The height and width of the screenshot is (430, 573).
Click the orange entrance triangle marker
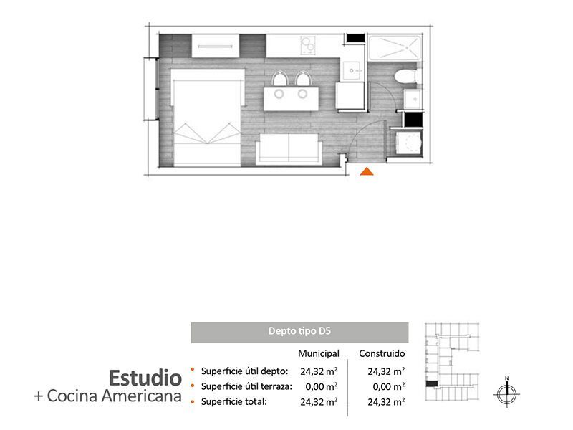[x=367, y=171]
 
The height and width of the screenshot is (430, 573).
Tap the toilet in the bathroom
[x=405, y=77]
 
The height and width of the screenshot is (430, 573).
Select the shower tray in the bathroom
[x=395, y=47]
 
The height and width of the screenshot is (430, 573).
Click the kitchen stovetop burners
[x=307, y=45]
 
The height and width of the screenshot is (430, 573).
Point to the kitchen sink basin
[x=352, y=70]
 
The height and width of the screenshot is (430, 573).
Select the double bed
[x=207, y=118]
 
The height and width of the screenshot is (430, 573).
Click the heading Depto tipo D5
[x=299, y=331]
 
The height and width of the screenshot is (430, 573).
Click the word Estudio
[x=145, y=378]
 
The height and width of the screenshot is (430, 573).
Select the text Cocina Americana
[x=115, y=396]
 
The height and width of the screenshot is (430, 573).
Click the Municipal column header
[x=319, y=353]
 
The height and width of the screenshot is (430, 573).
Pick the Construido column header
[x=382, y=353]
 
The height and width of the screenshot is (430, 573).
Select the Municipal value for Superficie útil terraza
[x=321, y=386]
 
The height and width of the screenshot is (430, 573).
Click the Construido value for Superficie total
[x=386, y=402]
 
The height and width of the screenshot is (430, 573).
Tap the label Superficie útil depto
[x=244, y=371]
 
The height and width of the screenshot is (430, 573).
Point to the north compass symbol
[x=507, y=394]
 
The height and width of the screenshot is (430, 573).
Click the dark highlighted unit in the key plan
[x=432, y=384]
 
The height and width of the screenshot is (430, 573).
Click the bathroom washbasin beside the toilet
[x=413, y=98]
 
